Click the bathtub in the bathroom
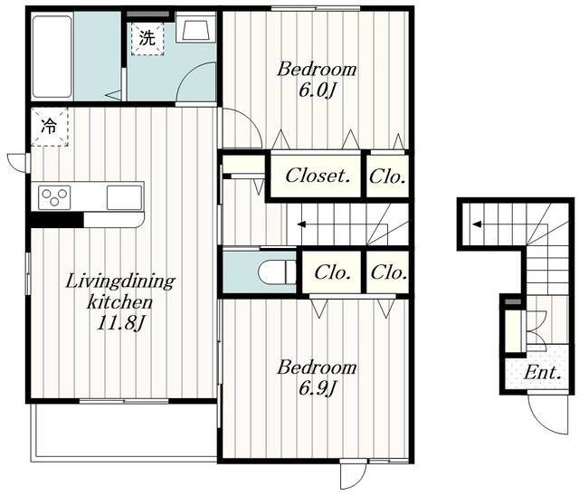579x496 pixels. pos(52,56)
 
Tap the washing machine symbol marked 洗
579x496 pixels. pos(147,39)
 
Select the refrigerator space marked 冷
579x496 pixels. pos(49,127)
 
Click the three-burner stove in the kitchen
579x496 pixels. pos(54,196)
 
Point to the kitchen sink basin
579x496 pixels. pos(124,197)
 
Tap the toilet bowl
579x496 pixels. pos(277,272)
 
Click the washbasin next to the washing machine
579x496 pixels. pos(195,28)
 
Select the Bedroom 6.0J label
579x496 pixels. pos(317,80)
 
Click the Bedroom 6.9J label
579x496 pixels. pos(317,377)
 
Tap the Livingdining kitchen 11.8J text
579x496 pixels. pos(120,302)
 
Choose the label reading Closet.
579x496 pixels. pos(318,176)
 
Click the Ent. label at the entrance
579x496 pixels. pos(543,373)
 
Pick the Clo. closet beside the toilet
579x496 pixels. pos(332,272)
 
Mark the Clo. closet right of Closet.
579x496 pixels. pos(387,176)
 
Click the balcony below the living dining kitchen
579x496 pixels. pos(124,432)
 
